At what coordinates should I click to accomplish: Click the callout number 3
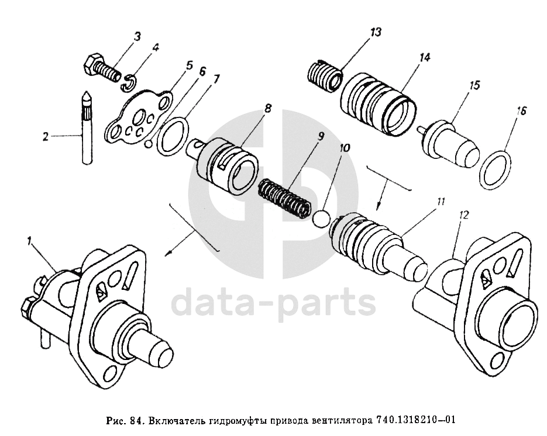[136, 36]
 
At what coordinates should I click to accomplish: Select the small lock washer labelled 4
[129, 84]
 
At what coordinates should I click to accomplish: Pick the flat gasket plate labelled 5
[137, 118]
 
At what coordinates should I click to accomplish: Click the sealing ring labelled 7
[173, 135]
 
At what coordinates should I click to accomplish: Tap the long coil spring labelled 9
[284, 198]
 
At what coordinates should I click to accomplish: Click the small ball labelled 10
[321, 219]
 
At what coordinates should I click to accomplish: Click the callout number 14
[424, 58]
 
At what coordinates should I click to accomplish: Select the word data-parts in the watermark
[273, 303]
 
